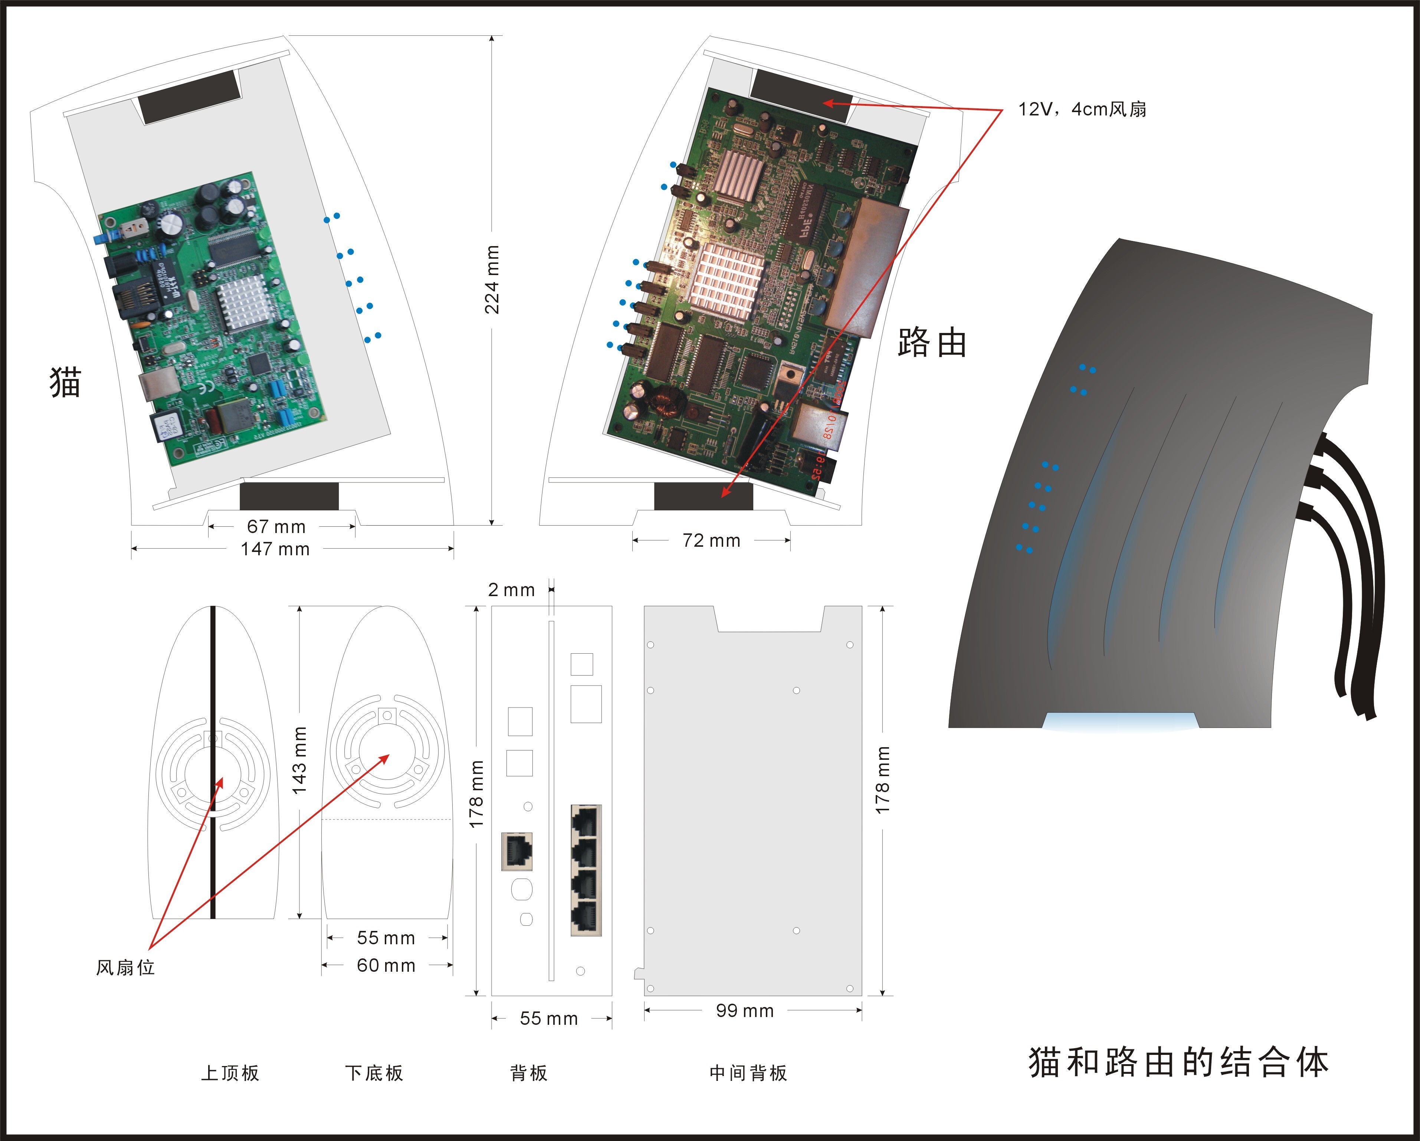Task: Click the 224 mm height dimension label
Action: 492,279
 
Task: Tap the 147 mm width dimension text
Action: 275,549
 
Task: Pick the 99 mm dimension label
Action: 745,1011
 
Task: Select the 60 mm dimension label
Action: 386,966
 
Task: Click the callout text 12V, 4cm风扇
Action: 1082,109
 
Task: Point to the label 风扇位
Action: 125,968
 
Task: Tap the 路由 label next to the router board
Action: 932,343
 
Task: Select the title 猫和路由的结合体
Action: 1179,1063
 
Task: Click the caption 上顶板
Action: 230,1073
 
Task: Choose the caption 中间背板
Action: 748,1073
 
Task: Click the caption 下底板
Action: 374,1073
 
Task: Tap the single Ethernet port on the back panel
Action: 517,851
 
